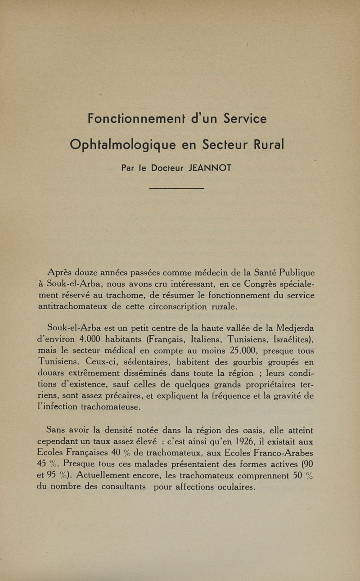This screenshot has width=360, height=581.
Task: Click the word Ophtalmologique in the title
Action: click(x=122, y=145)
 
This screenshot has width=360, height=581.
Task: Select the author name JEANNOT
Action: click(x=210, y=168)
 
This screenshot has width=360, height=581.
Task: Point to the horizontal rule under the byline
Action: click(x=176, y=188)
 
